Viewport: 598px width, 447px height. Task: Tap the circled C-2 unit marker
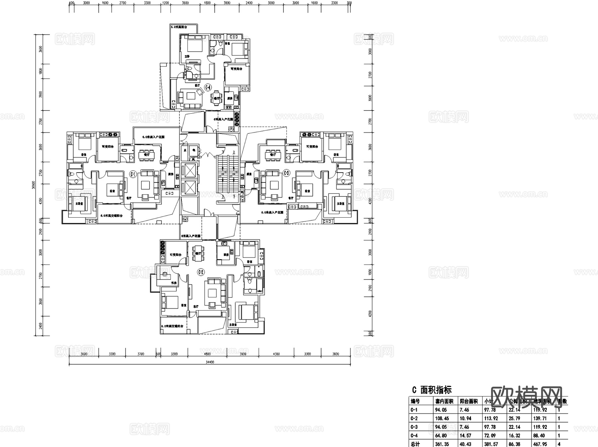click(201, 272)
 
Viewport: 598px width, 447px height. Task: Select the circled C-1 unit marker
click(133, 174)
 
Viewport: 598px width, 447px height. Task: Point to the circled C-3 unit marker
click(287, 173)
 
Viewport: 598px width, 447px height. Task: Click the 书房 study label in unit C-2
click(174, 283)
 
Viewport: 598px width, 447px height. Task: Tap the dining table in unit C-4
click(217, 98)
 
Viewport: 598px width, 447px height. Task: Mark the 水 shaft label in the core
click(185, 150)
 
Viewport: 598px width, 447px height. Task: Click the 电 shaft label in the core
click(194, 150)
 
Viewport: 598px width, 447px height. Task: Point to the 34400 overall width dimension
click(210, 362)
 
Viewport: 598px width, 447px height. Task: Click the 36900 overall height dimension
click(33, 185)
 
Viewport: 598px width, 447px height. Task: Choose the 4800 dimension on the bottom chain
click(207, 354)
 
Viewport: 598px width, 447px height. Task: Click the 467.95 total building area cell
click(540, 444)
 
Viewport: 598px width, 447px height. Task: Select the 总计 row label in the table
click(415, 444)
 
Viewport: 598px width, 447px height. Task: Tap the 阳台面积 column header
click(469, 402)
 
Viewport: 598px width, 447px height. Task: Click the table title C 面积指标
click(432, 390)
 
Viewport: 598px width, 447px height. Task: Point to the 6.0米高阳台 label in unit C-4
click(179, 27)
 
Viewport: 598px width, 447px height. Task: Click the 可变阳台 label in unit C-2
click(175, 255)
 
